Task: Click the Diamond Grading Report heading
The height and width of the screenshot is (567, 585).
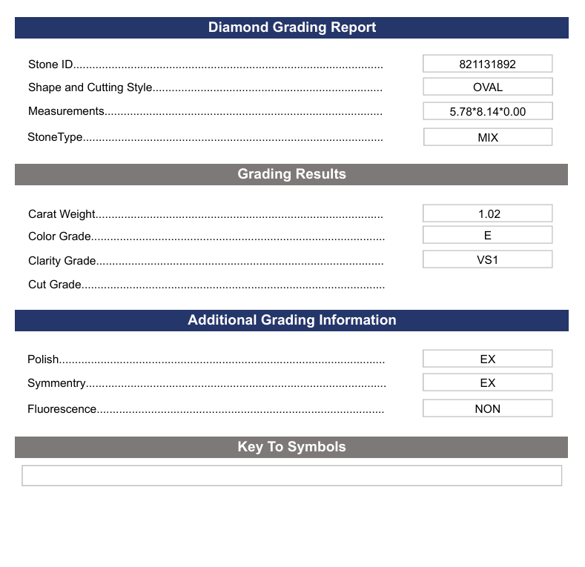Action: pyautogui.click(x=291, y=27)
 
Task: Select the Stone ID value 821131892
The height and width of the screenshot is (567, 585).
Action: pyautogui.click(x=487, y=64)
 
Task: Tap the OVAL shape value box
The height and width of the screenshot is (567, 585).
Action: pyautogui.click(x=487, y=87)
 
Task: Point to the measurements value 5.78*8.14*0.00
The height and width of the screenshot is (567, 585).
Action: pyautogui.click(x=487, y=111)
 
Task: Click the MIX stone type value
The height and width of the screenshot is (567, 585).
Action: pyautogui.click(x=487, y=137)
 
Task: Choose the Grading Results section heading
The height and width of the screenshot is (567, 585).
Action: pyautogui.click(x=291, y=174)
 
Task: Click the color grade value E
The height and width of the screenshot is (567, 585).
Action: pyautogui.click(x=487, y=235)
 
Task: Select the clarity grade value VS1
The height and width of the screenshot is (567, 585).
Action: pyautogui.click(x=487, y=259)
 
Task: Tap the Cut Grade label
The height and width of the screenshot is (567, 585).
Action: pyautogui.click(x=55, y=285)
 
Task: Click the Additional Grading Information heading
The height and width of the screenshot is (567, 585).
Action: pyautogui.click(x=291, y=320)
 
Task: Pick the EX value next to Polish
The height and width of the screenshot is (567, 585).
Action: pyautogui.click(x=487, y=359)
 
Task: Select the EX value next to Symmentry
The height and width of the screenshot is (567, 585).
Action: pyautogui.click(x=487, y=382)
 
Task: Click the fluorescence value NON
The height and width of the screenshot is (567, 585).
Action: pyautogui.click(x=487, y=408)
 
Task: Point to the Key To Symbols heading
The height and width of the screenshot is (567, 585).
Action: pyautogui.click(x=291, y=447)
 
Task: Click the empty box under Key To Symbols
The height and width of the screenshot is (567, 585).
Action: pyautogui.click(x=291, y=475)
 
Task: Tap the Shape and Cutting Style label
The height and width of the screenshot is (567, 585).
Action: pyautogui.click(x=90, y=87)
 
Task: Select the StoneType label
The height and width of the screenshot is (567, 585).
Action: pyautogui.click(x=55, y=137)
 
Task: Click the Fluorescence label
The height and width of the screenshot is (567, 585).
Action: pyautogui.click(x=62, y=409)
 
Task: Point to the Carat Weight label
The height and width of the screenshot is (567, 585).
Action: pyautogui.click(x=62, y=214)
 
